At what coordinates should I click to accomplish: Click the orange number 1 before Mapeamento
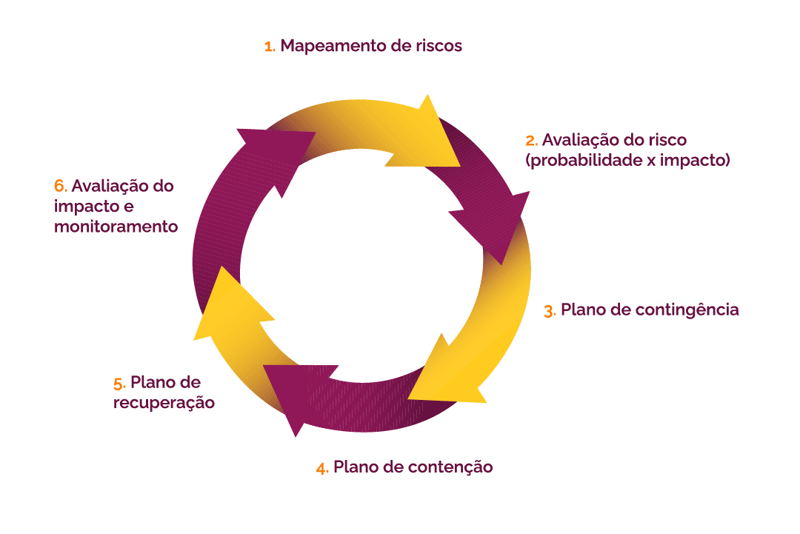pos(269,47)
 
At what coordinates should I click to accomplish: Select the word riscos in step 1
pos(439,46)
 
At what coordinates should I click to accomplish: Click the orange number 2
pos(530,140)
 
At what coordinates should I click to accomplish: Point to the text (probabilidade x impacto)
pos(627,159)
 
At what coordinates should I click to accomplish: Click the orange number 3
pos(549,311)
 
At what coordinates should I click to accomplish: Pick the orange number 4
pos(322,468)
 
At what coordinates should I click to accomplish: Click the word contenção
pos(452,467)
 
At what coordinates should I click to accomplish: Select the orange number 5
pos(119,384)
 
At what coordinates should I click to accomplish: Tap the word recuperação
pos(164,403)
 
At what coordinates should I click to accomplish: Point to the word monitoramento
pos(116,227)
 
